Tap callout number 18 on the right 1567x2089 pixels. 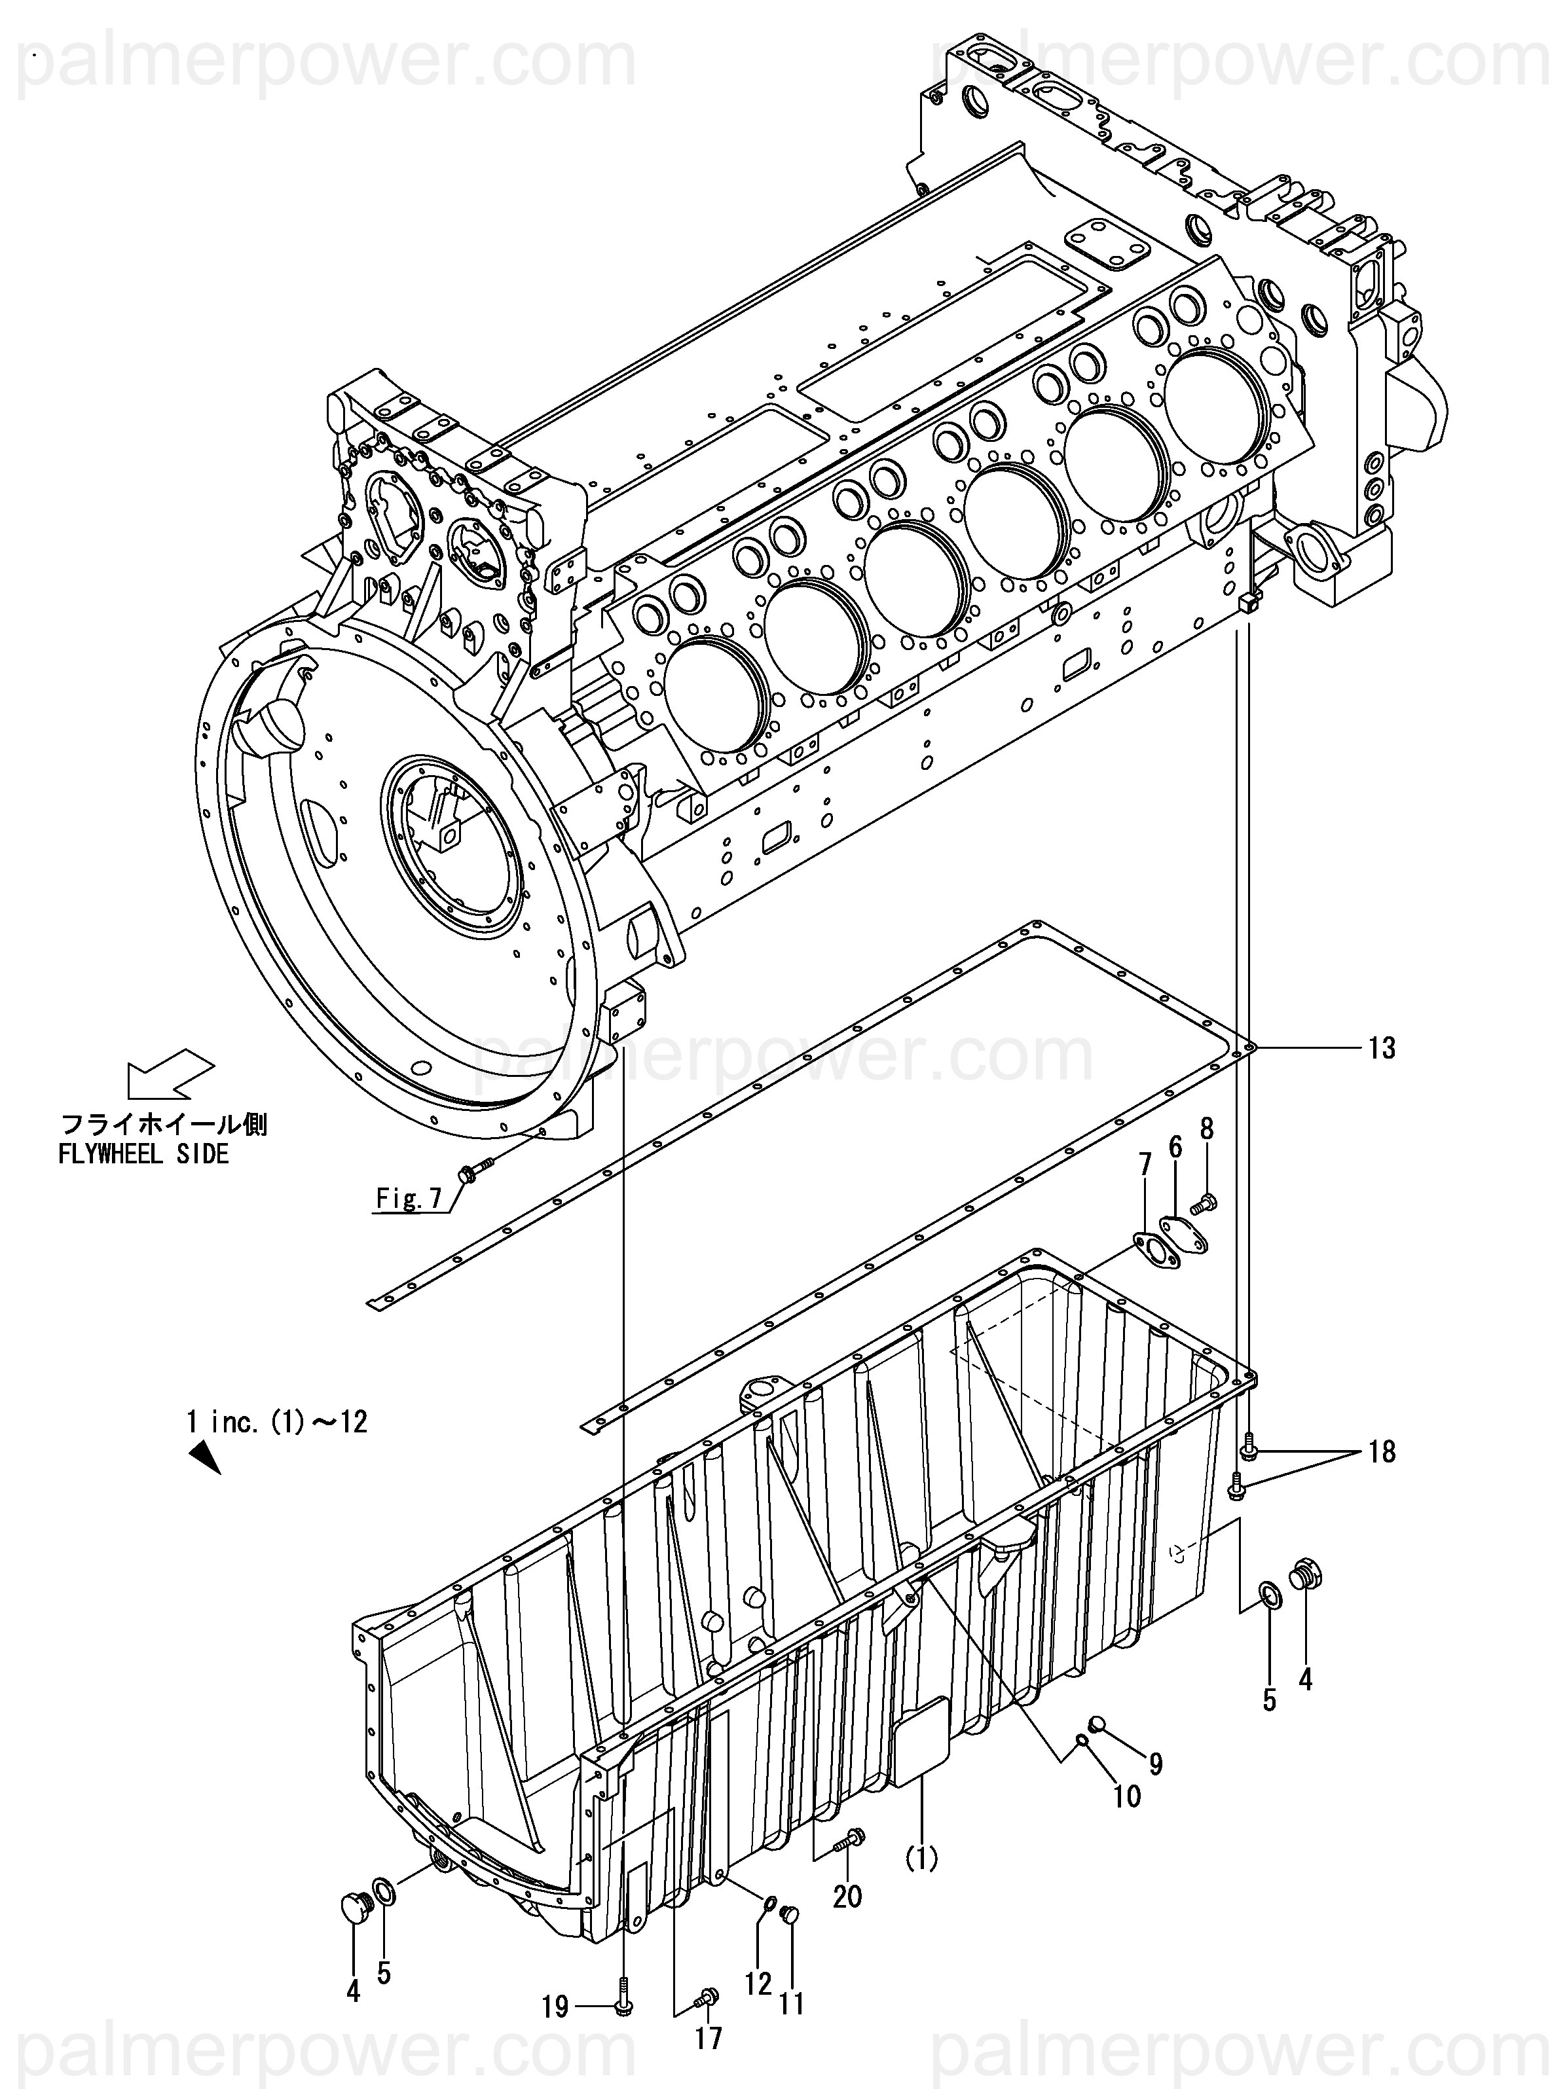click(1382, 1451)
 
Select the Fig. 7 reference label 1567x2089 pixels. click(409, 1199)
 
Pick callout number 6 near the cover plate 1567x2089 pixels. click(1145, 1165)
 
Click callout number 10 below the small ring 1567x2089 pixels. click(1127, 1795)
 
